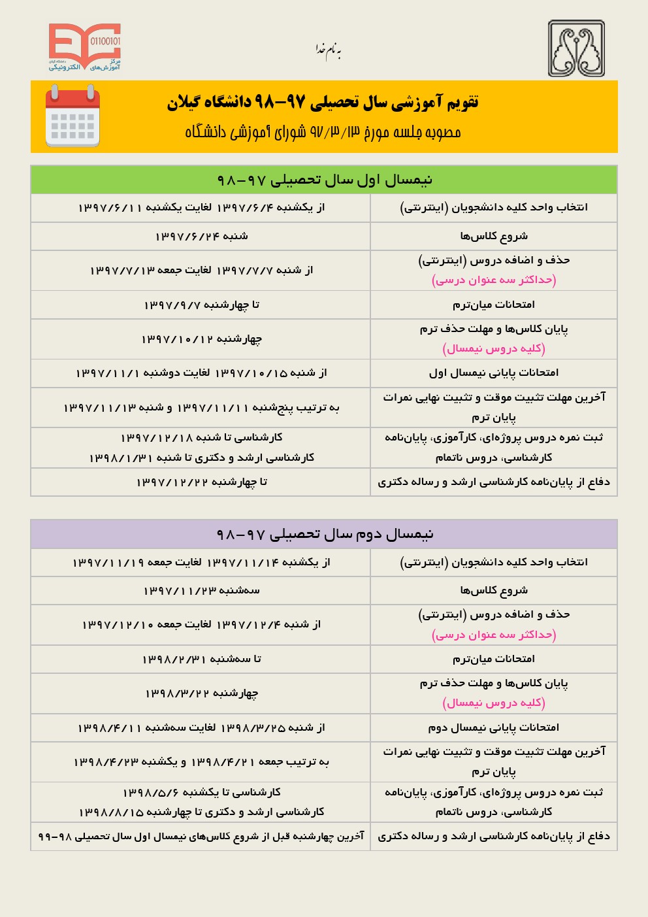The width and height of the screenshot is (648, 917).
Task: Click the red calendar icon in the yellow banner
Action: pyautogui.click(x=73, y=116)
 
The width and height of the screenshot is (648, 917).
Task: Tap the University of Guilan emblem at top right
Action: pyautogui.click(x=576, y=48)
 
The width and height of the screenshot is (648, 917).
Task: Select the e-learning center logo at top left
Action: pyautogui.click(x=85, y=47)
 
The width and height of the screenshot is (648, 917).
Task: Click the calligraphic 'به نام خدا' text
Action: pyautogui.click(x=329, y=50)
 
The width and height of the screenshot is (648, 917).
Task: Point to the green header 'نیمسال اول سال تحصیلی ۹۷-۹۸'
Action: pyautogui.click(x=324, y=180)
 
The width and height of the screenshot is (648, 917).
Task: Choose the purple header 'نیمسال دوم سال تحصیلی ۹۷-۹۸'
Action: pyautogui.click(x=324, y=534)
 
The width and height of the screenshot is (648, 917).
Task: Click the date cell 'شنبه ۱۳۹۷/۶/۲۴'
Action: pyautogui.click(x=201, y=236)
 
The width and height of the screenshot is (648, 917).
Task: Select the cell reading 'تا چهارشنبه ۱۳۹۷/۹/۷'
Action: pyautogui.click(x=201, y=305)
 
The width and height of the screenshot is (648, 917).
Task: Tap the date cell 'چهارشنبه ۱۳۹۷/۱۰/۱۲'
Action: pyautogui.click(x=201, y=339)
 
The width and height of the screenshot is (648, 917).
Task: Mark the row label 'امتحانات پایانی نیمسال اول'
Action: pyautogui.click(x=494, y=373)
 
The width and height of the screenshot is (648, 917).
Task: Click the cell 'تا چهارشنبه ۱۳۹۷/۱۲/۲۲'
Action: pyautogui.click(x=201, y=482)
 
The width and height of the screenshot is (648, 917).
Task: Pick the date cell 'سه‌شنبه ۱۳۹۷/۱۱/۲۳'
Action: pyautogui.click(x=201, y=590)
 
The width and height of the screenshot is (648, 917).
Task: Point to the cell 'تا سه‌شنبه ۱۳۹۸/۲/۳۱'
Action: pyautogui.click(x=201, y=659)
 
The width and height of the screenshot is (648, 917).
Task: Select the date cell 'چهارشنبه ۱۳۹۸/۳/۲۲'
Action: pyautogui.click(x=201, y=693)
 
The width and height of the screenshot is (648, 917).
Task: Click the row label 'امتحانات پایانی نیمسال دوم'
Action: pyautogui.click(x=494, y=727)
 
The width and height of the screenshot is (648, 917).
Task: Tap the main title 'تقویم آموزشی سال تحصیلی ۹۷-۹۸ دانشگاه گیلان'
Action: pyautogui.click(x=323, y=102)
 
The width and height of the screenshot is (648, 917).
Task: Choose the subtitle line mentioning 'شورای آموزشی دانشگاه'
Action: pyautogui.click(x=323, y=132)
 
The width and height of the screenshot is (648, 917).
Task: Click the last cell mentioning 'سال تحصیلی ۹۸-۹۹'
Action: pyautogui.click(x=201, y=836)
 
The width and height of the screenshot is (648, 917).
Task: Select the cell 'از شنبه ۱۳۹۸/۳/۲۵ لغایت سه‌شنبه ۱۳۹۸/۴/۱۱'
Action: pyautogui.click(x=201, y=727)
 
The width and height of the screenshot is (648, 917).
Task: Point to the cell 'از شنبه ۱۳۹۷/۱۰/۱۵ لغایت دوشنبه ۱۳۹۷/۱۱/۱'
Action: pyautogui.click(x=201, y=373)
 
